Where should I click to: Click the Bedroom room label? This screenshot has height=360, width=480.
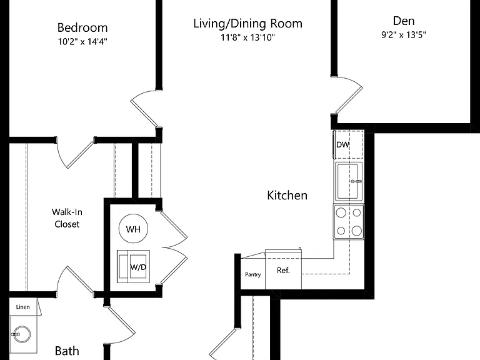(x=82, y=28)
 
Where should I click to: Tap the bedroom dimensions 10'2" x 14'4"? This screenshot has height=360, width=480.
(x=82, y=41)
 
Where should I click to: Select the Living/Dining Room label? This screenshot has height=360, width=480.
(x=247, y=24)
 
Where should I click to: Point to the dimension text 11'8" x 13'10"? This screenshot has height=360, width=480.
(x=247, y=37)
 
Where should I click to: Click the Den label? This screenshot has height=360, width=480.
(x=404, y=21)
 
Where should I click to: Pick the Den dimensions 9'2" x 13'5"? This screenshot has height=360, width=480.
(x=404, y=34)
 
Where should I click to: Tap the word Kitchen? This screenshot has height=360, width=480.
(x=287, y=195)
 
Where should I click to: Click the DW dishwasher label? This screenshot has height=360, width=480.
(x=342, y=144)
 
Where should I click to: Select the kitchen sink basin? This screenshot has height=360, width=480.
(x=349, y=181)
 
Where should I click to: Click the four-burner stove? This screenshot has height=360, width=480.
(x=349, y=222)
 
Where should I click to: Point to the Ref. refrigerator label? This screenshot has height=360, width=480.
(x=283, y=270)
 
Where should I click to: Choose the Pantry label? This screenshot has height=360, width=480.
(x=253, y=274)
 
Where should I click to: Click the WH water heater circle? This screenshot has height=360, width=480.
(x=133, y=229)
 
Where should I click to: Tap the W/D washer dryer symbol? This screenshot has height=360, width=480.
(x=133, y=266)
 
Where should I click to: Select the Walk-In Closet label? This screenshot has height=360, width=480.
(x=67, y=218)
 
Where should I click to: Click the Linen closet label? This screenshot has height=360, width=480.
(x=23, y=307)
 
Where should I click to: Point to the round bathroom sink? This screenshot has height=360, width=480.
(x=21, y=334)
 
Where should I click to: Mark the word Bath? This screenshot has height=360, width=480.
(x=67, y=351)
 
